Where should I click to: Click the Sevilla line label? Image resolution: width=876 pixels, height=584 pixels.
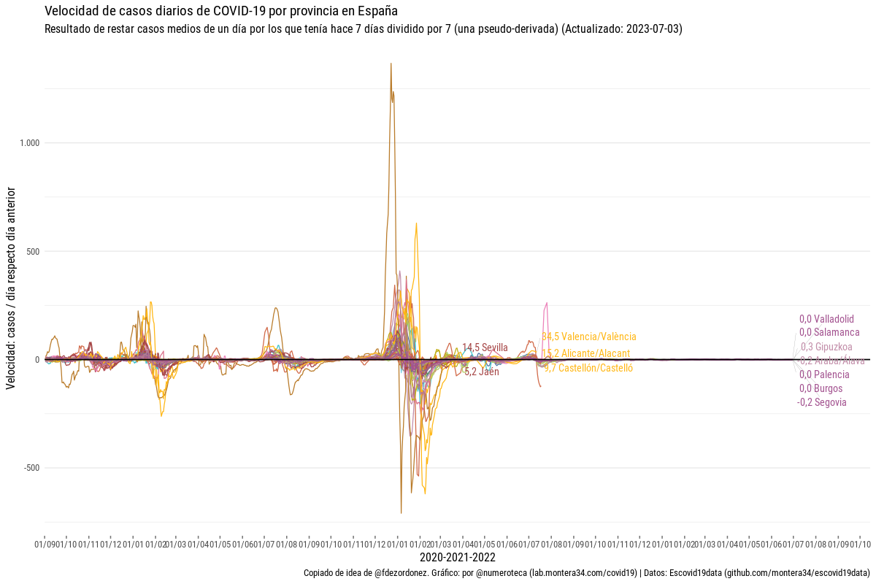[485, 347]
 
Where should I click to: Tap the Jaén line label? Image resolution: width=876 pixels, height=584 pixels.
[482, 372]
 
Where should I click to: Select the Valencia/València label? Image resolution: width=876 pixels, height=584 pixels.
[589, 337]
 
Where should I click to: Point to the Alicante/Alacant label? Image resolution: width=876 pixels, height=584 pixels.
[586, 353]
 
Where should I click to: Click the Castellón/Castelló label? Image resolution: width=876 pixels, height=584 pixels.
[588, 368]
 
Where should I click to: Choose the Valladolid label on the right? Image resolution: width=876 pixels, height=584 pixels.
[826, 319]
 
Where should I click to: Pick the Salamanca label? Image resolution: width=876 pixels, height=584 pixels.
[824, 332]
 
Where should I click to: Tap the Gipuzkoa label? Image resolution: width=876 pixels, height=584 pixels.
[826, 347]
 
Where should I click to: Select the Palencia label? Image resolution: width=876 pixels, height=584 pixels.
[824, 374]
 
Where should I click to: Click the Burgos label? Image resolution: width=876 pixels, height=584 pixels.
[821, 388]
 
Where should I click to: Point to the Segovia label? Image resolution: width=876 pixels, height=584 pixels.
[822, 402]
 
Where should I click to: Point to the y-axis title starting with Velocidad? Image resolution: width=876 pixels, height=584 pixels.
[11, 288]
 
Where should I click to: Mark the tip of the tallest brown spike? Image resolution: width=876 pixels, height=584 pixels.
[391, 64]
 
